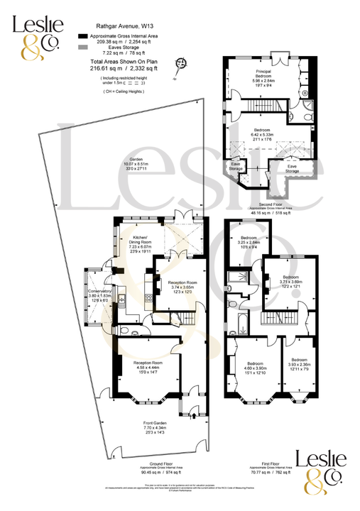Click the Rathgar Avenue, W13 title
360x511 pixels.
117,23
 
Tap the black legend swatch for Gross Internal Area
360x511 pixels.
82,35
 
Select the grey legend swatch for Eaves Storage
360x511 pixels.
82,46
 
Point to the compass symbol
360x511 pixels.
182,65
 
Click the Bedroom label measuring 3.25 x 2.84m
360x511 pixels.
249,238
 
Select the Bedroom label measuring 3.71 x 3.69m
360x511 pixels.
290,277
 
